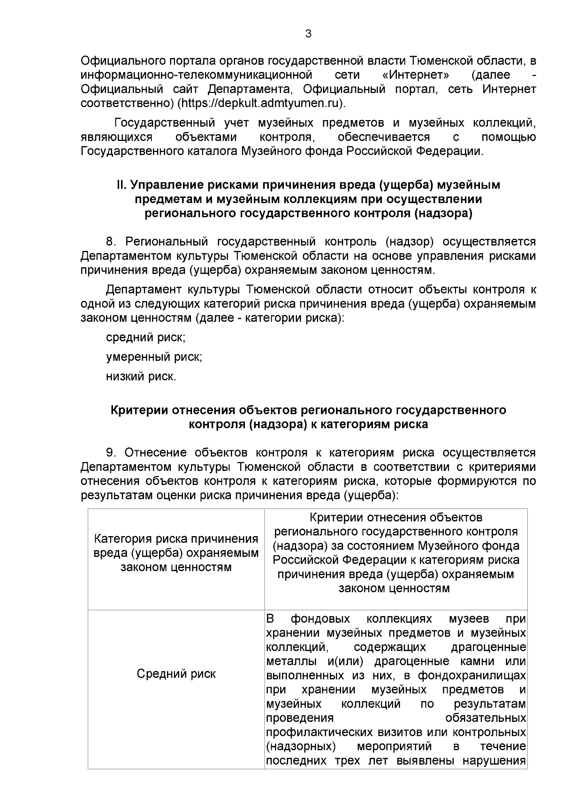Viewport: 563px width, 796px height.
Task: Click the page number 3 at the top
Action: click(x=308, y=34)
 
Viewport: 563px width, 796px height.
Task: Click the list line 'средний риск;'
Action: click(x=145, y=337)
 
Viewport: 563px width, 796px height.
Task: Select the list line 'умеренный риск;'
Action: click(x=154, y=357)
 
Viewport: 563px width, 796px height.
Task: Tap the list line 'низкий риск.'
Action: click(x=141, y=376)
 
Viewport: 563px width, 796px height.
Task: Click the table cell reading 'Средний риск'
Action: click(x=176, y=674)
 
